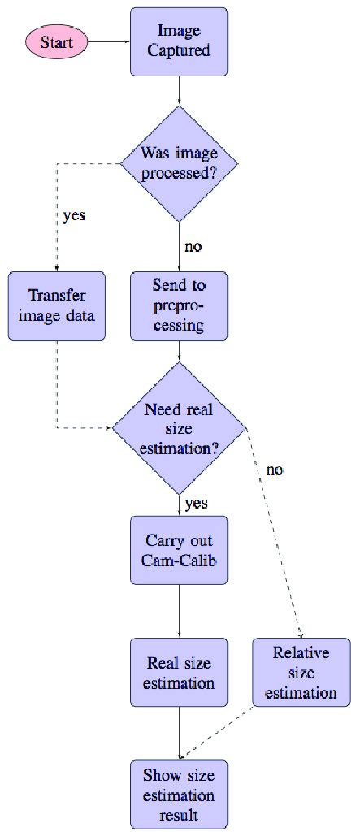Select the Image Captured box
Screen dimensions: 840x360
tap(178, 41)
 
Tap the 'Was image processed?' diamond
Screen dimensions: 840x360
tap(178, 162)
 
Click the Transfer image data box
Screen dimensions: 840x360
tap(57, 305)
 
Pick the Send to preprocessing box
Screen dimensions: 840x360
tap(178, 305)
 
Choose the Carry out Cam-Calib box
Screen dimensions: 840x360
tap(178, 550)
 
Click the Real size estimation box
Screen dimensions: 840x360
tap(178, 672)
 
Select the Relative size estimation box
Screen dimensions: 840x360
tap(301, 672)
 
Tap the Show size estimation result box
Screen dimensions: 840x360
tap(178, 794)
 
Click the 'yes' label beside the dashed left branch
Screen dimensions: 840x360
tap(74, 217)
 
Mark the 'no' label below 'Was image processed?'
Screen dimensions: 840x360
tap(193, 247)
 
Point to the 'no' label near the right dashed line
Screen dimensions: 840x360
tap(275, 470)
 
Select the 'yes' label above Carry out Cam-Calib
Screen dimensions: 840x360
tap(196, 503)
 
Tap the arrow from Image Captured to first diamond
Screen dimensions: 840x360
tap(178, 89)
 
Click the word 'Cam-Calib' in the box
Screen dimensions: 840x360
tap(178, 561)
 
